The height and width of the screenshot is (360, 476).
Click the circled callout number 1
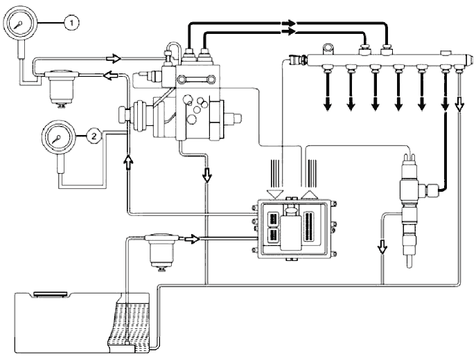pyautogui.click(x=71, y=23)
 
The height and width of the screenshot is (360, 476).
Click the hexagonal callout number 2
pyautogui.click(x=94, y=136)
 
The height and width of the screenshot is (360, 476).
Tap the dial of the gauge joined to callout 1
pyautogui.click(x=19, y=24)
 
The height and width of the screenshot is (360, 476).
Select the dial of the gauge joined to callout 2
pyautogui.click(x=58, y=138)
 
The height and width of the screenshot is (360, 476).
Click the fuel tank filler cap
pyautogui.click(x=51, y=294)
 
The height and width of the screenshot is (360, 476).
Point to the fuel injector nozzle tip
pyautogui.click(x=409, y=263)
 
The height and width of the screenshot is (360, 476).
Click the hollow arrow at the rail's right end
pyautogui.click(x=459, y=106)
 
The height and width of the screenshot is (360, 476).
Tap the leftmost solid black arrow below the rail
pyautogui.click(x=327, y=105)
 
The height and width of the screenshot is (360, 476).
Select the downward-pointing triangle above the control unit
pyautogui.click(x=274, y=194)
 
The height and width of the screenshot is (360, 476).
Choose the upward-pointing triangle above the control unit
pyautogui.click(x=310, y=194)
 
